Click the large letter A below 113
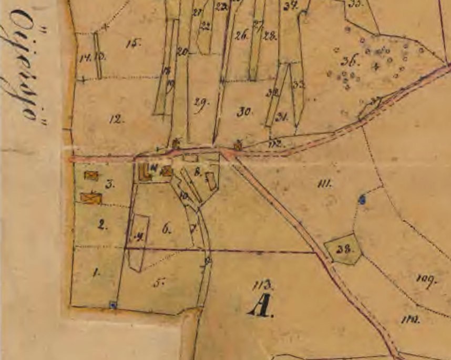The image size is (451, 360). [261, 306]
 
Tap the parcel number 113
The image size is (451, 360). [263, 285]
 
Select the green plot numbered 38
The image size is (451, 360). [344, 249]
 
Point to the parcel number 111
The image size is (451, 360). [325, 183]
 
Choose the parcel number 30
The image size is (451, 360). [245, 111]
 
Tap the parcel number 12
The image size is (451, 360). [116, 119]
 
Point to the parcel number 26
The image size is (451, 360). [241, 36]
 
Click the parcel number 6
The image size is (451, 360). [167, 229]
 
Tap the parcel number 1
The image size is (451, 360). [96, 273]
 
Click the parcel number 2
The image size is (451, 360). [102, 226]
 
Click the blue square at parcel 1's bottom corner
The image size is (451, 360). [112, 304]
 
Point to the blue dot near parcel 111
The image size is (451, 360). [362, 199]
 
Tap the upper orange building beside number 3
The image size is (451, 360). [91, 176]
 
